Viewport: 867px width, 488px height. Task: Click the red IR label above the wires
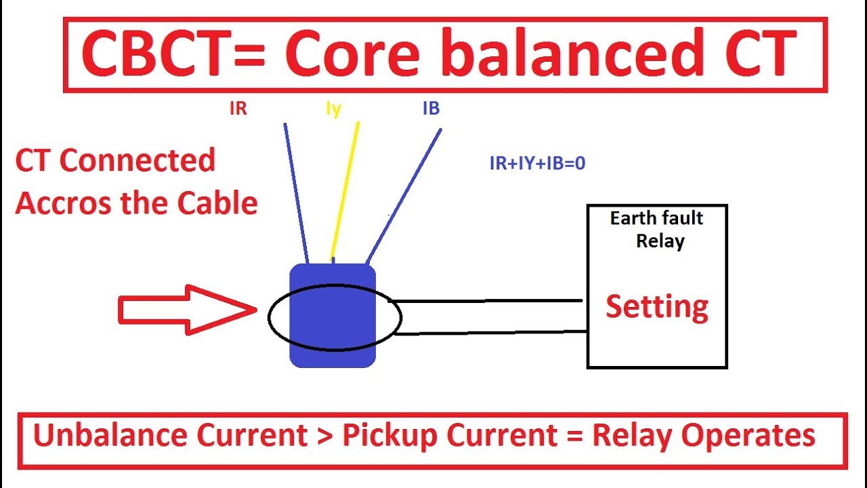tap(238, 108)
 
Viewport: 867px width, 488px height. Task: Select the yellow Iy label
tap(333, 108)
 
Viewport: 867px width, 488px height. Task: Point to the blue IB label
tap(431, 108)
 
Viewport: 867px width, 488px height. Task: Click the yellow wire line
tap(345, 190)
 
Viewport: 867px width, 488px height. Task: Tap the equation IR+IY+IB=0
tap(537, 163)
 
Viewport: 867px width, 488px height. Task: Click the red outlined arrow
tap(186, 310)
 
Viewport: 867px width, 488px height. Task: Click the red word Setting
tap(656, 307)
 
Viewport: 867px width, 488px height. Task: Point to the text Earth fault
tap(656, 218)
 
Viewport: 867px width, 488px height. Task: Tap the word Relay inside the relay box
tap(660, 241)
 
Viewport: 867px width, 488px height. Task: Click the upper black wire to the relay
tap(488, 301)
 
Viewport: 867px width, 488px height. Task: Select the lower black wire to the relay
tap(488, 332)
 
